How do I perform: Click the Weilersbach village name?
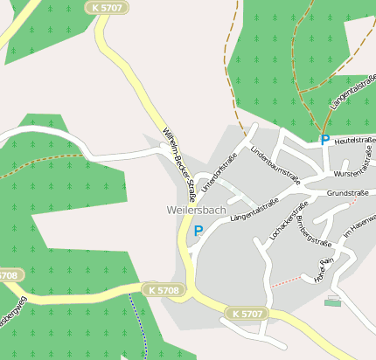(x=196, y=211)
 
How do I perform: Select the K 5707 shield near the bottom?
(x=247, y=313)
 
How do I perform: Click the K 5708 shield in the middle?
(x=163, y=289)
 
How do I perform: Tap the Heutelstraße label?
(x=354, y=140)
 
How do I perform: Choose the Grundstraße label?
(x=347, y=192)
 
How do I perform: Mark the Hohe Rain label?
(x=325, y=270)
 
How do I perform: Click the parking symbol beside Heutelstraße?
(x=325, y=140)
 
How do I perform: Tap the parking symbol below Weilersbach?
(x=198, y=231)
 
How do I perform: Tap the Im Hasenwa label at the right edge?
(x=359, y=226)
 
